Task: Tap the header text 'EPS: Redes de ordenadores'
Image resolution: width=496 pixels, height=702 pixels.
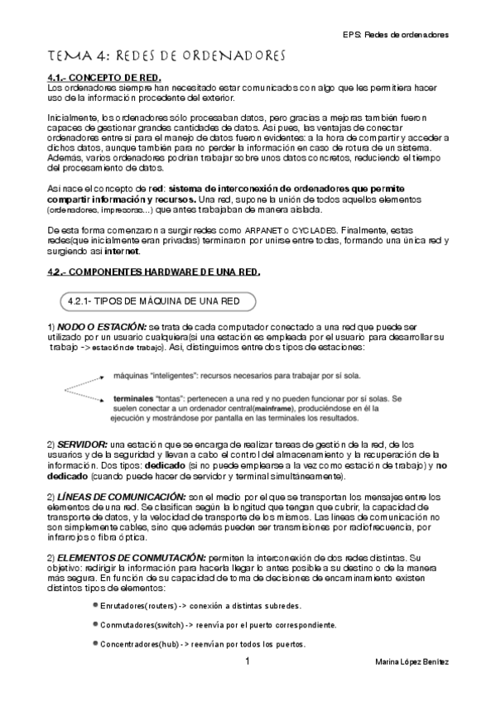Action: [x=395, y=35]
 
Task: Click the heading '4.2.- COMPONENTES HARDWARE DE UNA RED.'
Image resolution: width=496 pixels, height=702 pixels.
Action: [x=153, y=272]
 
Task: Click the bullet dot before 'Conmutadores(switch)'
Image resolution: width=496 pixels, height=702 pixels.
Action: [x=95, y=624]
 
